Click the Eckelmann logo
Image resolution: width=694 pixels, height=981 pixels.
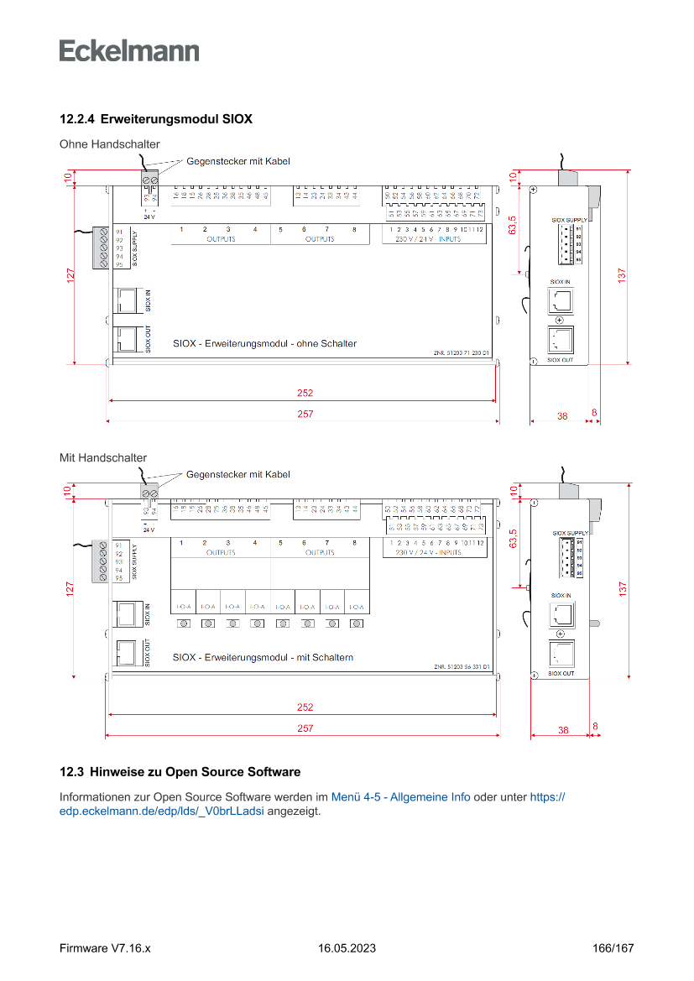(129, 50)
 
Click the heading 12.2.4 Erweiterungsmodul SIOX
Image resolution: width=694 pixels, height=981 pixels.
(155, 119)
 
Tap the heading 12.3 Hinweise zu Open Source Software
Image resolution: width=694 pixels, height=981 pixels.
(180, 771)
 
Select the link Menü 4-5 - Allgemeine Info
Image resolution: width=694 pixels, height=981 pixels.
(400, 796)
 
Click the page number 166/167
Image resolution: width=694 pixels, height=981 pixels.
(613, 947)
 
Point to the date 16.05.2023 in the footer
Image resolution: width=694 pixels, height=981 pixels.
(347, 947)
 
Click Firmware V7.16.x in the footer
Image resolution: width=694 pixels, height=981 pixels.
(105, 947)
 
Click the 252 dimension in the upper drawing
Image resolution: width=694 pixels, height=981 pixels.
(305, 393)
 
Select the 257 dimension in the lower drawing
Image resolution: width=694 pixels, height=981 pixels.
(305, 728)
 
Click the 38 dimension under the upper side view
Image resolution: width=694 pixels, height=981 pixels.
(562, 415)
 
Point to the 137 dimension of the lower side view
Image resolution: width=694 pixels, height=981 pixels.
(622, 589)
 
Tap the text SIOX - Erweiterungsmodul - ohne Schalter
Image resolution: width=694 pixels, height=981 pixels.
(264, 343)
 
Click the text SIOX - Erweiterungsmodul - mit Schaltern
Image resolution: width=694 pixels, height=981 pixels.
(263, 657)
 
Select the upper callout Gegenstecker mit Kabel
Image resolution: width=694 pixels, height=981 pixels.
(238, 160)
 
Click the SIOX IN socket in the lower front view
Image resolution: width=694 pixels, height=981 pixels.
(125, 614)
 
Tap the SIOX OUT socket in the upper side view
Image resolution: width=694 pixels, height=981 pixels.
(560, 340)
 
